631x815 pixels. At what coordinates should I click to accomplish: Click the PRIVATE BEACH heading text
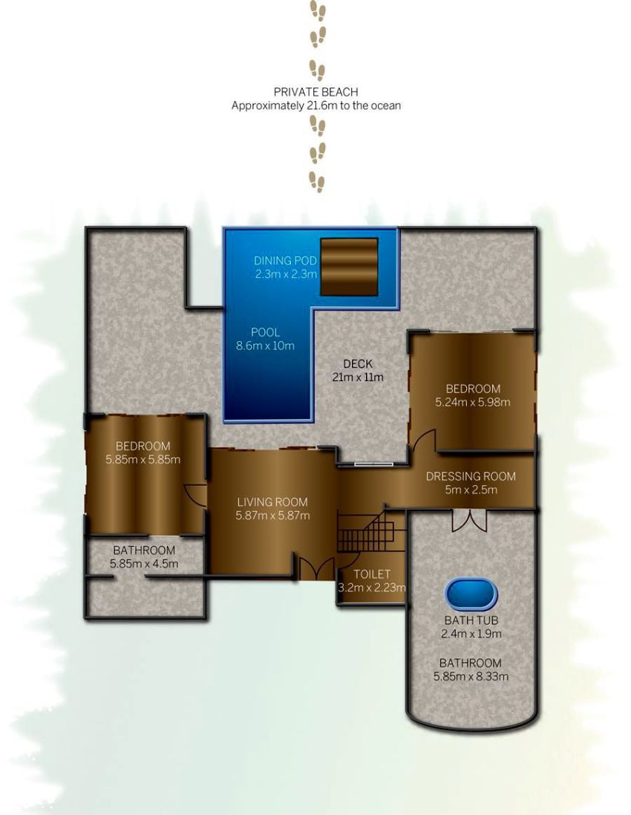(x=315, y=92)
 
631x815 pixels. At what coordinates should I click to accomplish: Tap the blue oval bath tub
(x=471, y=594)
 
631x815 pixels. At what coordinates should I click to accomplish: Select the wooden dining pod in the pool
(x=348, y=267)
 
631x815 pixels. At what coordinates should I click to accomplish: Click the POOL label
(x=265, y=332)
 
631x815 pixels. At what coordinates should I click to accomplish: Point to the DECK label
(x=358, y=364)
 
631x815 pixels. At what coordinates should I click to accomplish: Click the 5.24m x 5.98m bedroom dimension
(x=473, y=402)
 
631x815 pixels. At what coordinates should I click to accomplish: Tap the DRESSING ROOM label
(x=471, y=476)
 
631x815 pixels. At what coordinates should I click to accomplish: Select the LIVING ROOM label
(x=272, y=502)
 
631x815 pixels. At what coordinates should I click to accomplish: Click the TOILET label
(x=372, y=574)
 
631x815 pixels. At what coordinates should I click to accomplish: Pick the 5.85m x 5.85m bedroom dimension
(x=143, y=459)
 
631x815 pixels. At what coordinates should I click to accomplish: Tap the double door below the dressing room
(x=469, y=520)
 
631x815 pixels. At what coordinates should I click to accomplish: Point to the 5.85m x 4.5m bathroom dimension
(x=144, y=563)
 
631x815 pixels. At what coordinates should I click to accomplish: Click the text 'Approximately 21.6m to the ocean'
(x=315, y=105)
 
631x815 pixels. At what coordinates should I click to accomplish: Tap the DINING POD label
(x=285, y=261)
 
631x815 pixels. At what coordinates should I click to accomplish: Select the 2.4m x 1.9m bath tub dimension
(x=471, y=634)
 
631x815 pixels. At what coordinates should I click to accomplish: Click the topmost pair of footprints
(x=318, y=10)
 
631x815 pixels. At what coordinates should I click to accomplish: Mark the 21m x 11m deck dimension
(x=357, y=377)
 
